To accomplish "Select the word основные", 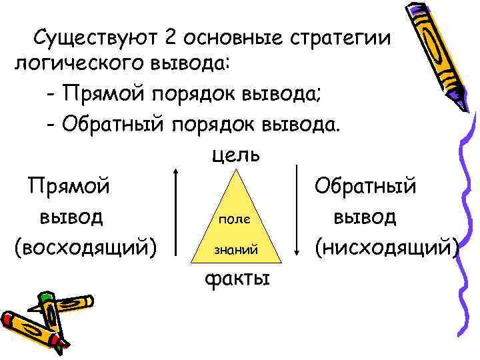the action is click(231, 38).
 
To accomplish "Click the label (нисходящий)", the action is click(387, 247).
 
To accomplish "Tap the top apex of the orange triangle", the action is click(235, 172).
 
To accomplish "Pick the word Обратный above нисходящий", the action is click(365, 184).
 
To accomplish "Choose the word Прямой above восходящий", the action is click(69, 184).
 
